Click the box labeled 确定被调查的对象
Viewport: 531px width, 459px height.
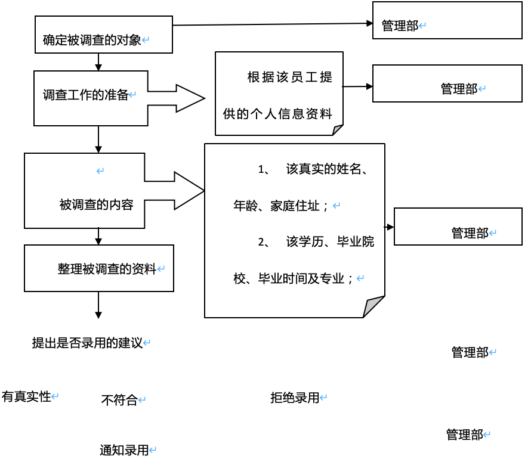pos(104,35)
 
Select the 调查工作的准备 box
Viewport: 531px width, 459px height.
pos(91,98)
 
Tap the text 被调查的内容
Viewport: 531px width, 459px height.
pos(96,204)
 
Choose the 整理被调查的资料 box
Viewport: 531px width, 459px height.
pos(98,268)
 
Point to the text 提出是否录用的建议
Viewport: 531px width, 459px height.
pos(87,343)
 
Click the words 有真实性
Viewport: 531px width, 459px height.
pos(26,396)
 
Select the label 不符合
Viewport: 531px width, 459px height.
pos(119,400)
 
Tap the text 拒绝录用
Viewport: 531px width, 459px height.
pos(295,398)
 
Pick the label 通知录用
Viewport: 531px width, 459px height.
pos(124,450)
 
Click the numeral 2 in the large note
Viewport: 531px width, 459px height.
pos(261,242)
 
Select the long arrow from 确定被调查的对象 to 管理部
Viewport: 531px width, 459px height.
pos(272,24)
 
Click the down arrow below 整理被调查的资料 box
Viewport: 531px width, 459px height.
pos(98,307)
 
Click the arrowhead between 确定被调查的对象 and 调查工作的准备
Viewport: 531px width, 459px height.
pos(98,66)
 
